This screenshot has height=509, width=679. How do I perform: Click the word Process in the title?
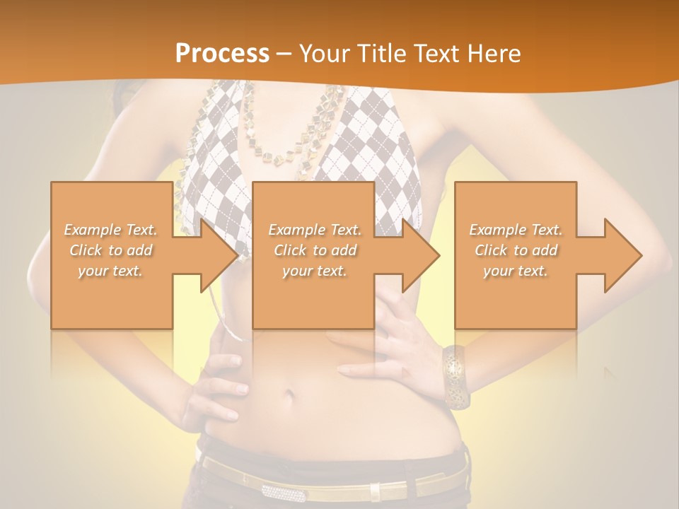tap(222, 54)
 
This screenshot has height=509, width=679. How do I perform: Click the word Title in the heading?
tap(382, 54)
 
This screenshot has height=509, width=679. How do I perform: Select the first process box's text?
tap(110, 250)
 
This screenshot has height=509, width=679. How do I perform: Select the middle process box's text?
tap(315, 250)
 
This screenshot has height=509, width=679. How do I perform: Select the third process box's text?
tap(516, 250)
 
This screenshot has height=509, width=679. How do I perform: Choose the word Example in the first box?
tap(92, 230)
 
